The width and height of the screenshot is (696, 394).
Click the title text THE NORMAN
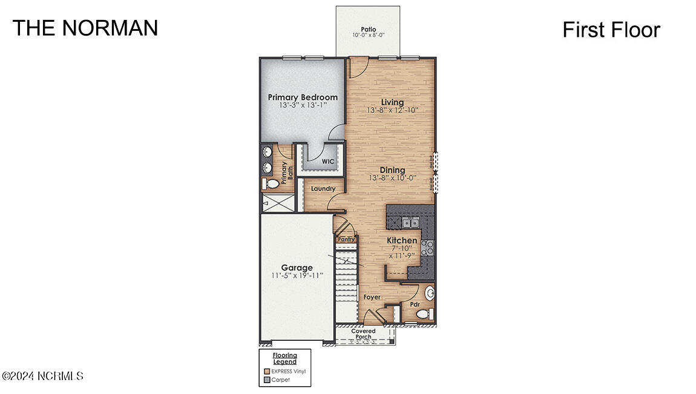(x=85, y=28)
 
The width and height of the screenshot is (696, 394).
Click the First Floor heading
(x=611, y=30)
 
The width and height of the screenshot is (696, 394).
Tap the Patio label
(x=368, y=29)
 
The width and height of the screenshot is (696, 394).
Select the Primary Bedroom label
(x=303, y=97)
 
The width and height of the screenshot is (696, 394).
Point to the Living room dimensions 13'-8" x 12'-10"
(x=392, y=111)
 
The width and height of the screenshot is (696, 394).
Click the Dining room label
(x=392, y=170)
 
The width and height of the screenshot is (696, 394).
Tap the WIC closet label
(x=327, y=162)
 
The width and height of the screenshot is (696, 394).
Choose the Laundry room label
(x=323, y=189)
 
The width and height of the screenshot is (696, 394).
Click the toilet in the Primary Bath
(x=271, y=183)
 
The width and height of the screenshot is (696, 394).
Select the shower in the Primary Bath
(x=278, y=203)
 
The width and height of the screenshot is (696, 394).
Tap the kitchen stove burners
(x=427, y=246)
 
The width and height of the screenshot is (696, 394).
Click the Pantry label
(x=346, y=240)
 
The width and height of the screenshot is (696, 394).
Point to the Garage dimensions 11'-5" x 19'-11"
(x=297, y=275)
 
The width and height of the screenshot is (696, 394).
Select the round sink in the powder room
(x=430, y=294)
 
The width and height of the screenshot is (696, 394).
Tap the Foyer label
(x=372, y=297)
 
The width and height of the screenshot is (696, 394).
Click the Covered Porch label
(x=364, y=334)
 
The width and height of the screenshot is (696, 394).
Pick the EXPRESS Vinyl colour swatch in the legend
(x=266, y=371)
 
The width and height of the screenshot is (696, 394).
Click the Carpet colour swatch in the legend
(x=266, y=380)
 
